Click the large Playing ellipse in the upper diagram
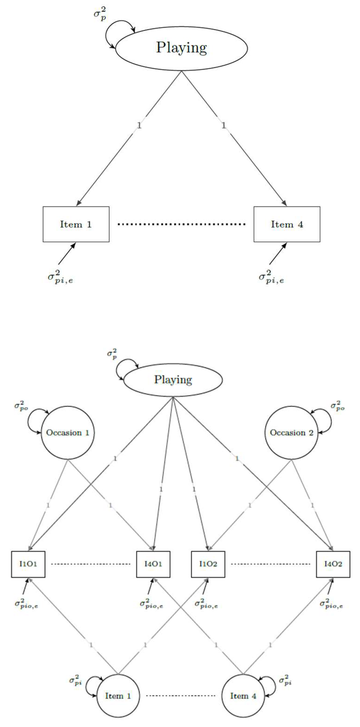point(181,48)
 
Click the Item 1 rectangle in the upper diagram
point(76,224)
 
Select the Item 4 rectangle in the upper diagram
point(287,224)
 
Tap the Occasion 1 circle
point(68,433)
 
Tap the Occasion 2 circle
point(291,433)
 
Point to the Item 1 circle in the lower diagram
point(118,696)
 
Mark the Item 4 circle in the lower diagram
point(243,696)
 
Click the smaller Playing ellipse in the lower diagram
point(173,380)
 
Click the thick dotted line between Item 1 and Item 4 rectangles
point(181,224)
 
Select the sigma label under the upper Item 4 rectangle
point(271,277)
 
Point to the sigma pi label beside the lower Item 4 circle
point(285,680)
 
